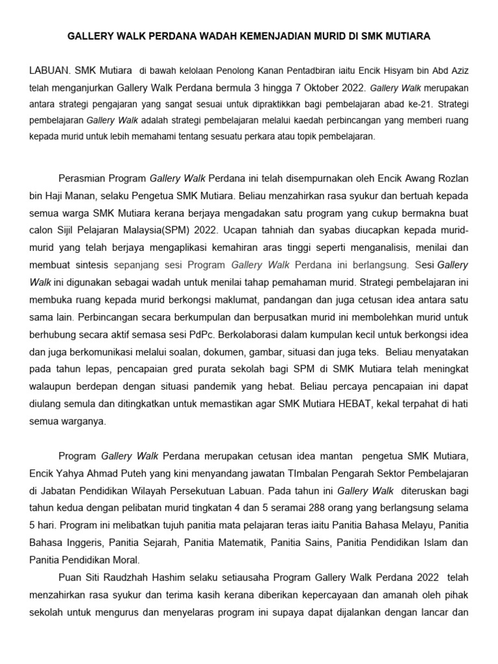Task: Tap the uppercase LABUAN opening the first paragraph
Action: coord(49,70)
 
